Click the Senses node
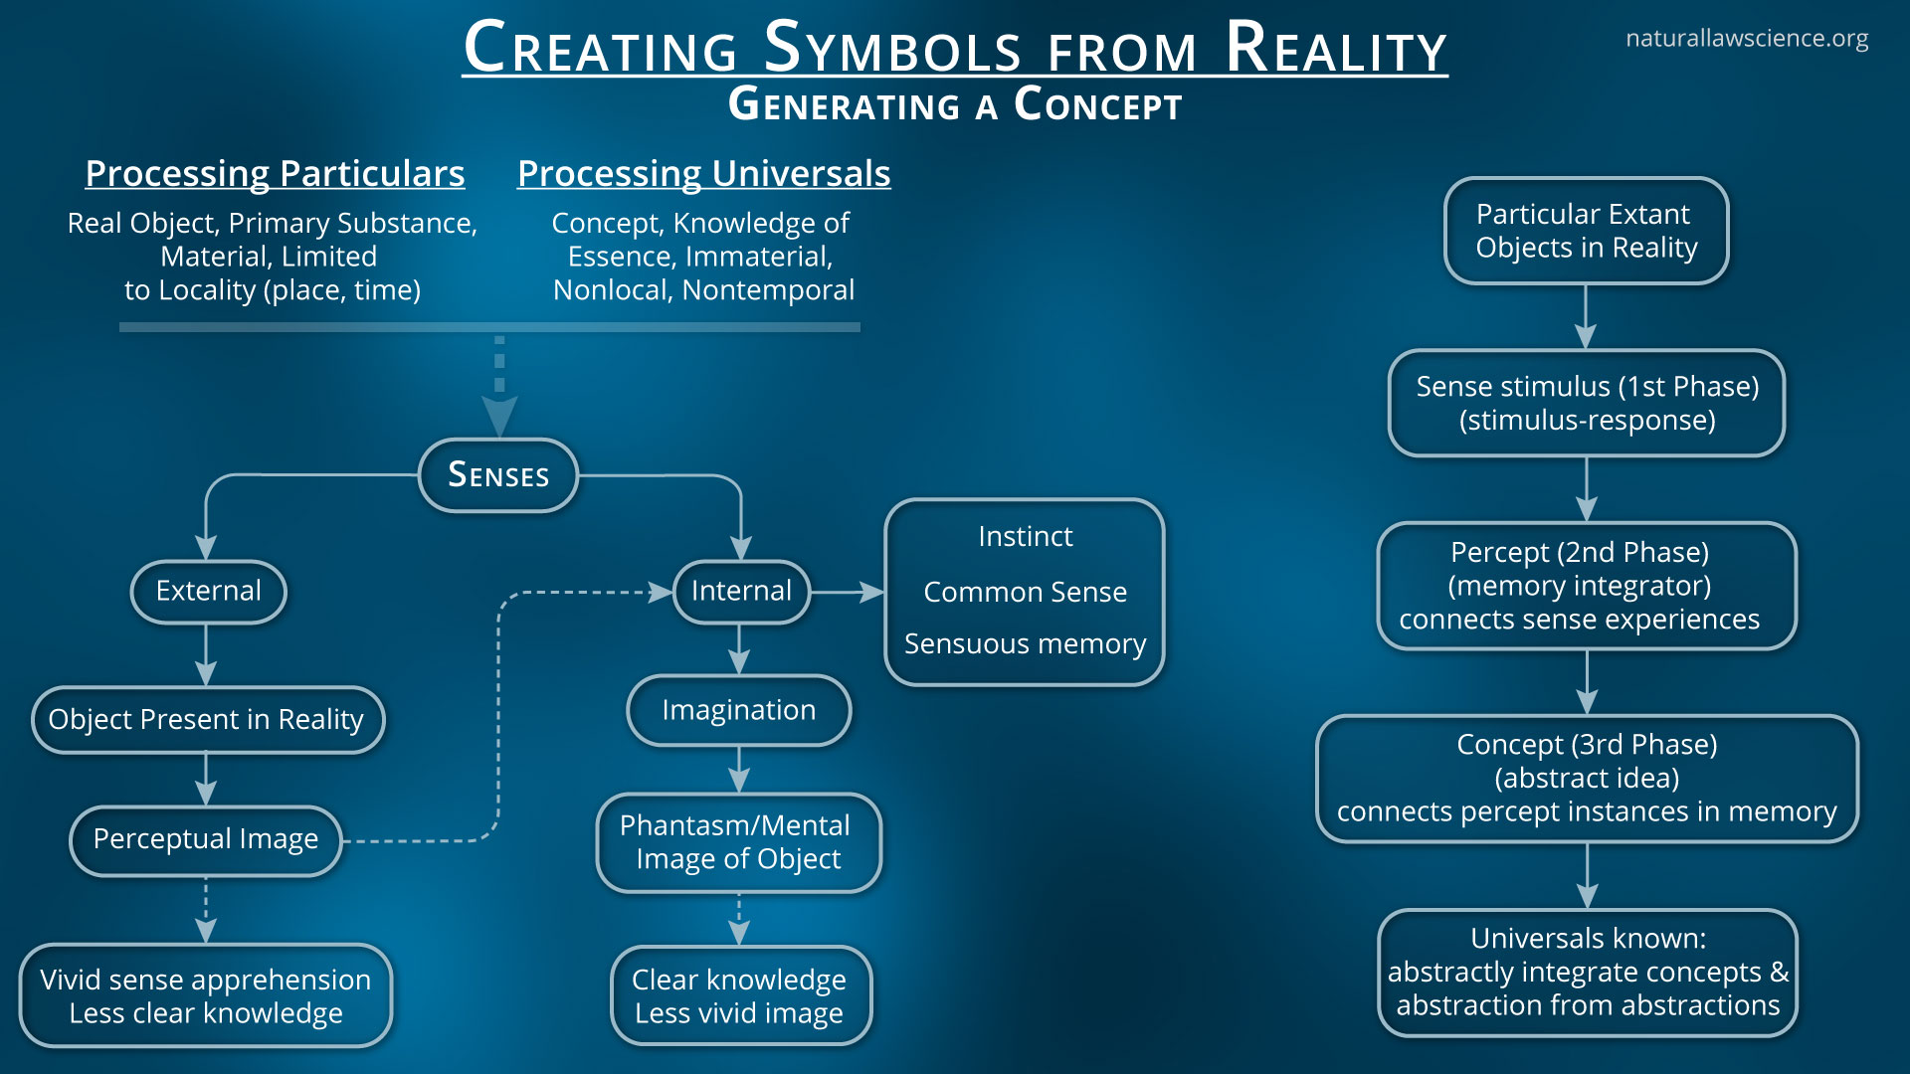(498, 475)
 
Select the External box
(208, 591)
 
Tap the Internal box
(741, 591)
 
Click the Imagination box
(738, 710)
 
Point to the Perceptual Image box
(206, 839)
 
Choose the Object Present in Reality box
(206, 719)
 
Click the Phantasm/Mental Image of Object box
(738, 842)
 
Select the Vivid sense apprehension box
(206, 995)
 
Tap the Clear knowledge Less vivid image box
(739, 995)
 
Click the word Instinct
(1025, 537)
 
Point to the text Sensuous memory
(1025, 644)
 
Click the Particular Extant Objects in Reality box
(1586, 231)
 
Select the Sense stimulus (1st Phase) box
(1587, 403)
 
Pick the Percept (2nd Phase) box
(1586, 586)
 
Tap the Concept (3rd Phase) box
(1587, 778)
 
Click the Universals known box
(1588, 972)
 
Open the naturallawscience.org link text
(1746, 39)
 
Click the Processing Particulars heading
(275, 174)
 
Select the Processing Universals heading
(703, 174)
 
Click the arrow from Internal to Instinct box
(847, 592)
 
